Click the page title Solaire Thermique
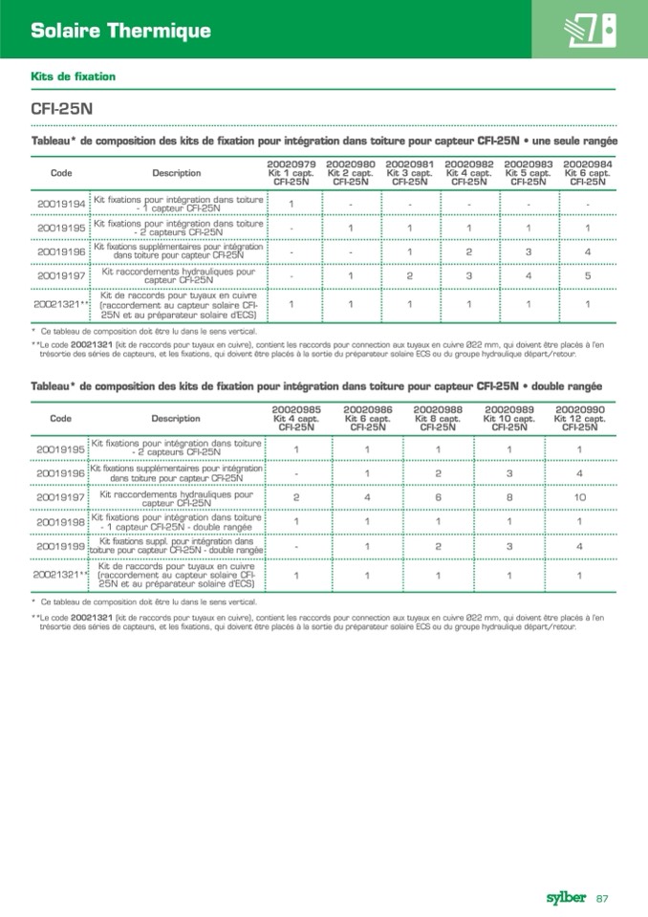pyautogui.click(x=120, y=31)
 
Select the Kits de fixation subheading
pyautogui.click(x=74, y=76)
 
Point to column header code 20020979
pyautogui.click(x=292, y=164)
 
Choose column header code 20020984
pyautogui.click(x=588, y=164)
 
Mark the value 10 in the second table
pyautogui.click(x=579, y=497)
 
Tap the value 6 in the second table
pyautogui.click(x=438, y=497)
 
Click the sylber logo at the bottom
pyautogui.click(x=567, y=896)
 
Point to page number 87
pyautogui.click(x=603, y=897)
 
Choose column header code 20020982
pyautogui.click(x=469, y=164)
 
